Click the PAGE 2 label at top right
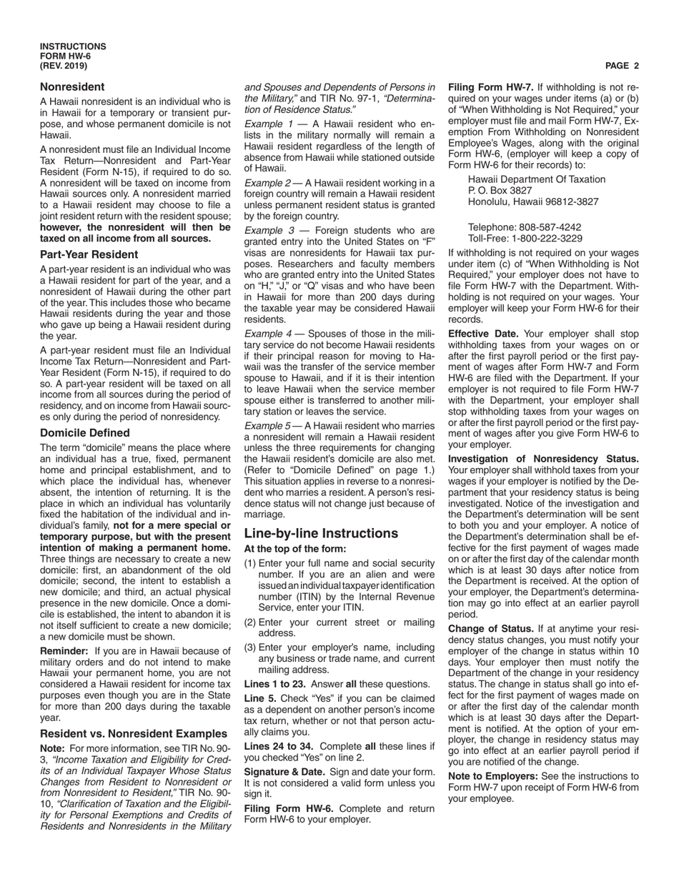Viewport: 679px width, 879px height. pyautogui.click(x=621, y=66)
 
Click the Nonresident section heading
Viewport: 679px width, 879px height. pyautogui.click(x=72, y=86)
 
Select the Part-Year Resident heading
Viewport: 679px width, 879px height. pyautogui.click(x=89, y=254)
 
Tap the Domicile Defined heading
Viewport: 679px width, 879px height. pyautogui.click(x=85, y=432)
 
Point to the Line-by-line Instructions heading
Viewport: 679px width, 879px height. pyautogui.click(x=321, y=533)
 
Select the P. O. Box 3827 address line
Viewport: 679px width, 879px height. pyautogui.click(x=500, y=191)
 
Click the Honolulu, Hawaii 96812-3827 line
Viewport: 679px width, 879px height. pyautogui.click(x=533, y=202)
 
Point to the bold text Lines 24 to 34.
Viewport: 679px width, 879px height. pyautogui.click(x=280, y=745)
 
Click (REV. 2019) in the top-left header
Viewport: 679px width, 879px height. pyautogui.click(x=64, y=66)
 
